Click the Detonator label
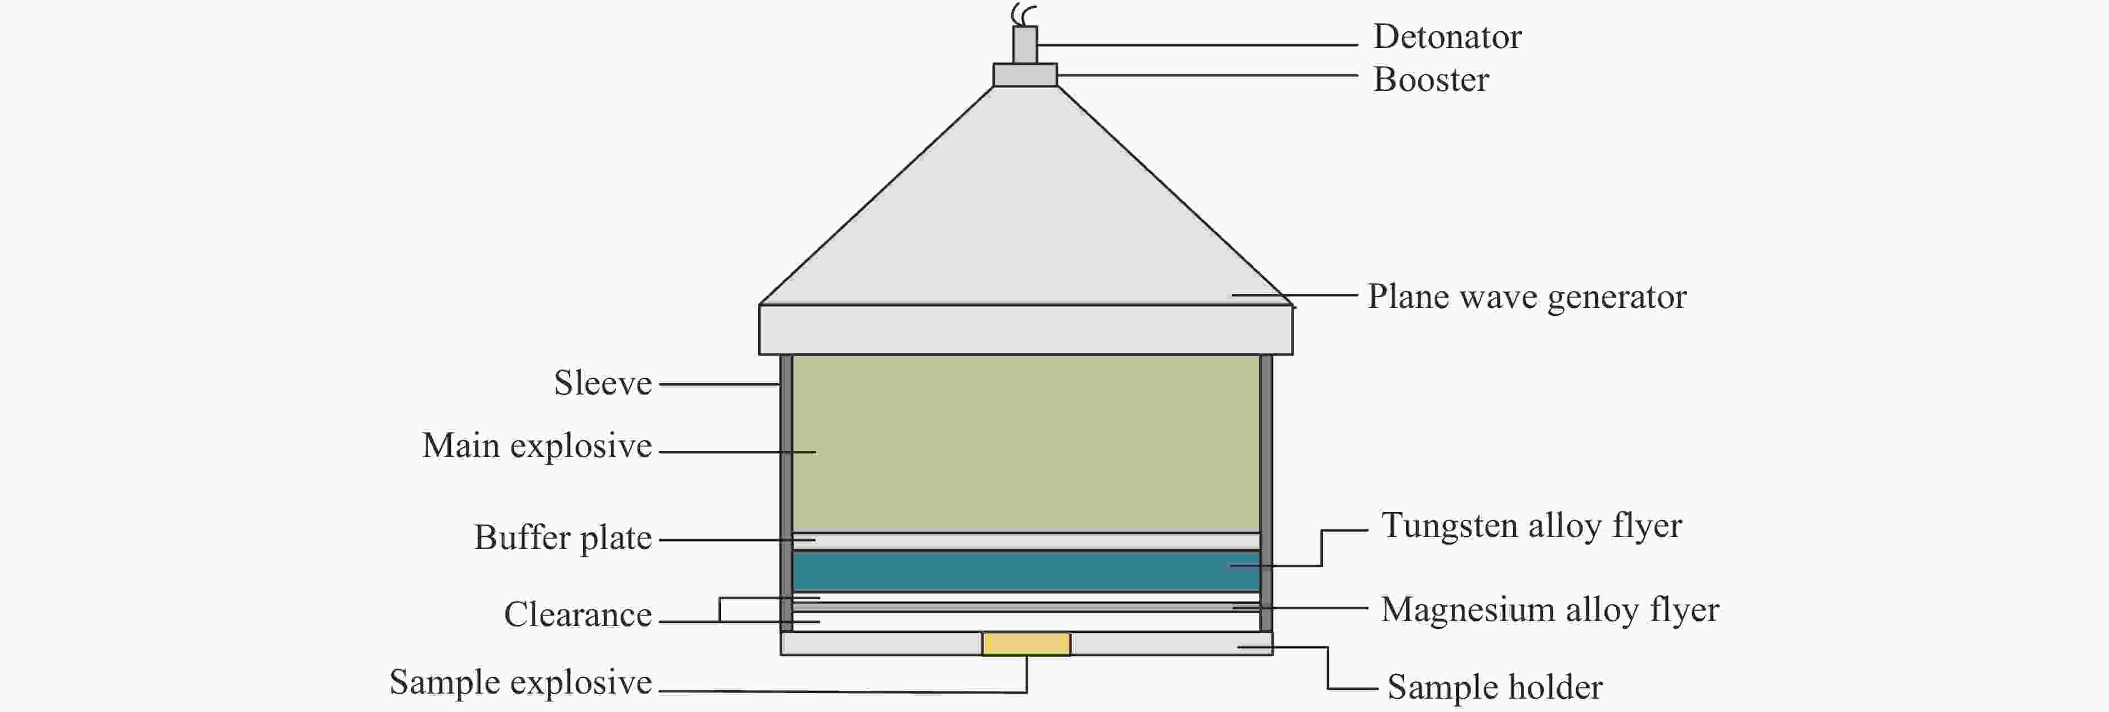pos(1447,37)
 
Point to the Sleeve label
pos(603,383)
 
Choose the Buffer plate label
pos(562,538)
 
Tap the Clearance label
pos(577,614)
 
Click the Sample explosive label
pos(520,682)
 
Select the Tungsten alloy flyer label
pos(1531,526)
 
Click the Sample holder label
pos(1494,687)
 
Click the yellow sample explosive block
pos(1026,644)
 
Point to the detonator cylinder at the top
pos(1025,44)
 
